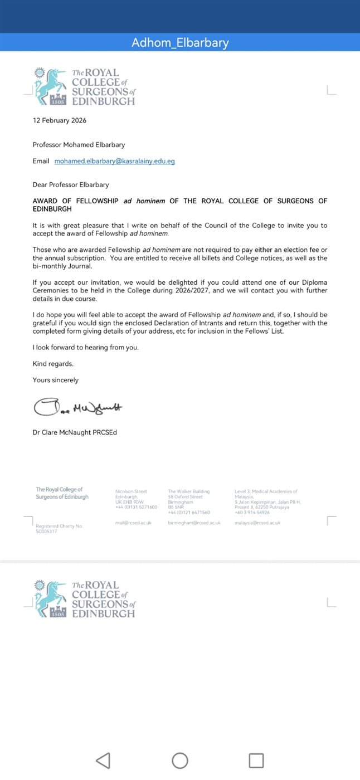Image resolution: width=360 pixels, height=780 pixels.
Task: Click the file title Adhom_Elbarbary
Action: tap(180, 43)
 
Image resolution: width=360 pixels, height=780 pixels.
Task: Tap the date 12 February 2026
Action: tap(60, 120)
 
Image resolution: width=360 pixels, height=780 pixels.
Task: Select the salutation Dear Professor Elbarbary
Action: tap(71, 184)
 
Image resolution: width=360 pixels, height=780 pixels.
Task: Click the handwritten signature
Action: tap(78, 407)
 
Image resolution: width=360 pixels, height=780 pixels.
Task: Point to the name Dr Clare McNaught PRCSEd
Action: tap(75, 432)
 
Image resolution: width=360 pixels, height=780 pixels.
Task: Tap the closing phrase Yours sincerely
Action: tap(56, 380)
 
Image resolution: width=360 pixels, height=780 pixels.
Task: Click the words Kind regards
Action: tap(53, 364)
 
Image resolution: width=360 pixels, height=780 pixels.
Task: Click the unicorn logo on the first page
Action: tap(50, 86)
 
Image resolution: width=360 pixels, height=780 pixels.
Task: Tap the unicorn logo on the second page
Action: tap(50, 598)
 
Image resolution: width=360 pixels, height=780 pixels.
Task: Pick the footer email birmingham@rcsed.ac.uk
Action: tap(194, 523)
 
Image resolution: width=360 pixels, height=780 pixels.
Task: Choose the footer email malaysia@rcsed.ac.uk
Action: tap(257, 523)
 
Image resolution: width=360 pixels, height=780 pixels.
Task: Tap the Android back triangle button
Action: tap(103, 760)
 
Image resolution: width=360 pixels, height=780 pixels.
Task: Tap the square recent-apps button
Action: tap(256, 760)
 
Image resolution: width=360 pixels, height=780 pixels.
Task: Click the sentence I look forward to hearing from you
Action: tap(85, 348)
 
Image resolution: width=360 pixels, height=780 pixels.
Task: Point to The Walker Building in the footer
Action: tap(188, 491)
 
